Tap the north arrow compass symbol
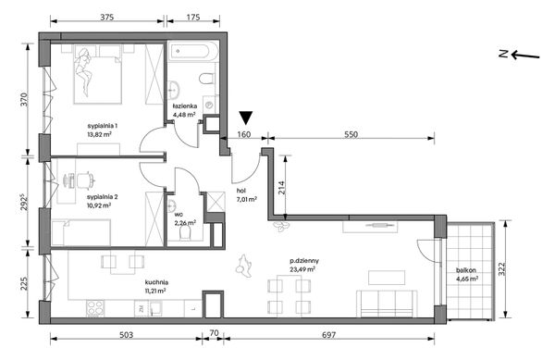tap(520, 56)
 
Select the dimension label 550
tap(351, 134)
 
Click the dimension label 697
tap(328, 335)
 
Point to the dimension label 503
tap(126, 335)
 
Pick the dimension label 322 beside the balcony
tap(502, 269)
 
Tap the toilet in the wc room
tap(186, 233)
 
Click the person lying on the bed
tap(84, 72)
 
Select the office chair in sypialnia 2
tap(86, 180)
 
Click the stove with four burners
tap(95, 309)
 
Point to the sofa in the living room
tap(387, 304)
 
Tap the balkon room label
tap(466, 270)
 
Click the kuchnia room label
tap(156, 282)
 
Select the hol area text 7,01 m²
tap(247, 199)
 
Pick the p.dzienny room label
tap(304, 261)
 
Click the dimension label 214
tap(281, 188)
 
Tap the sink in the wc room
tap(172, 205)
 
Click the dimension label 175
tap(193, 17)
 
